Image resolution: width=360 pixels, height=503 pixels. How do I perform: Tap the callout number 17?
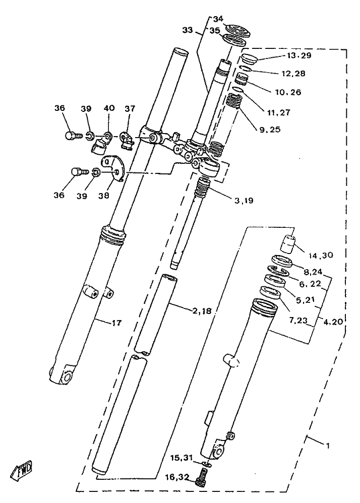pyautogui.click(x=117, y=323)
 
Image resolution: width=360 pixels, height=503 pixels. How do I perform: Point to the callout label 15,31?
pyautogui.click(x=181, y=457)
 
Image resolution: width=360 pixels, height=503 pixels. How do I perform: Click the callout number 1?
pyautogui.click(x=328, y=446)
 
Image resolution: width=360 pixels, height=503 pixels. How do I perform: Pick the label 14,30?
pyautogui.click(x=321, y=255)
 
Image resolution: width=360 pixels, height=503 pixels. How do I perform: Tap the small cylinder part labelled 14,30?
pyautogui.click(x=288, y=243)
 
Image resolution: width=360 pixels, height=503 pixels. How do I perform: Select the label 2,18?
pyautogui.click(x=202, y=310)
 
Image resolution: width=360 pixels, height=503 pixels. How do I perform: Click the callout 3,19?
pyautogui.click(x=244, y=201)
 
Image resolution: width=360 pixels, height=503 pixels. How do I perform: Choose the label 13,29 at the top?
pyautogui.click(x=299, y=55)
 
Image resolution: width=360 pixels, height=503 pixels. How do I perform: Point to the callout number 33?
pyautogui.click(x=188, y=30)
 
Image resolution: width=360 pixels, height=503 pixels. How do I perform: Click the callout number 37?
pyautogui.click(x=130, y=108)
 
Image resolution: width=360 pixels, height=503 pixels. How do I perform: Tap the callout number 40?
pyautogui.click(x=109, y=108)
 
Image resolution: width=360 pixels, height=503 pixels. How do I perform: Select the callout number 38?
pyautogui.click(x=104, y=195)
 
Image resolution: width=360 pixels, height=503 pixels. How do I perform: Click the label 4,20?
pyautogui.click(x=333, y=322)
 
